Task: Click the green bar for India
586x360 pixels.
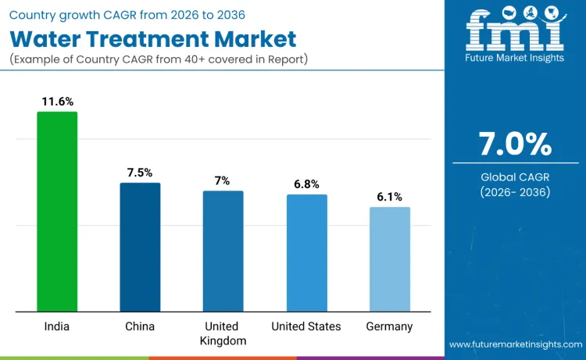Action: [x=57, y=212]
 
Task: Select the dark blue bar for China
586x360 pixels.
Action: [x=140, y=247]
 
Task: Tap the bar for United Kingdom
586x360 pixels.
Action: [x=223, y=251]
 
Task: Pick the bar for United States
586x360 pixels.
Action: [x=306, y=252]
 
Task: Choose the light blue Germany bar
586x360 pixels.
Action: [x=389, y=259]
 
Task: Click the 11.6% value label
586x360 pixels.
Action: [x=57, y=102]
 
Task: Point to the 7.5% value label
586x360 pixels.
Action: [x=140, y=173]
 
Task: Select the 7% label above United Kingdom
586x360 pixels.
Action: [x=223, y=180]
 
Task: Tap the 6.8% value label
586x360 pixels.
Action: [x=306, y=184]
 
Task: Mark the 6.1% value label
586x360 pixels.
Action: [x=389, y=197]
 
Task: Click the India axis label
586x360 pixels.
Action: [x=56, y=326]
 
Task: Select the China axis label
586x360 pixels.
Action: [x=140, y=326]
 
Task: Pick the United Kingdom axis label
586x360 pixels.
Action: [x=223, y=333]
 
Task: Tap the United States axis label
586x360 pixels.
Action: [x=306, y=326]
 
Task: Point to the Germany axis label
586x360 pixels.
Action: [x=389, y=326]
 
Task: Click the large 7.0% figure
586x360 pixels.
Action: [x=515, y=144]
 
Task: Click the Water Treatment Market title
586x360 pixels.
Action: [x=153, y=39]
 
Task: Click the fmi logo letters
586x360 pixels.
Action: [x=515, y=30]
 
